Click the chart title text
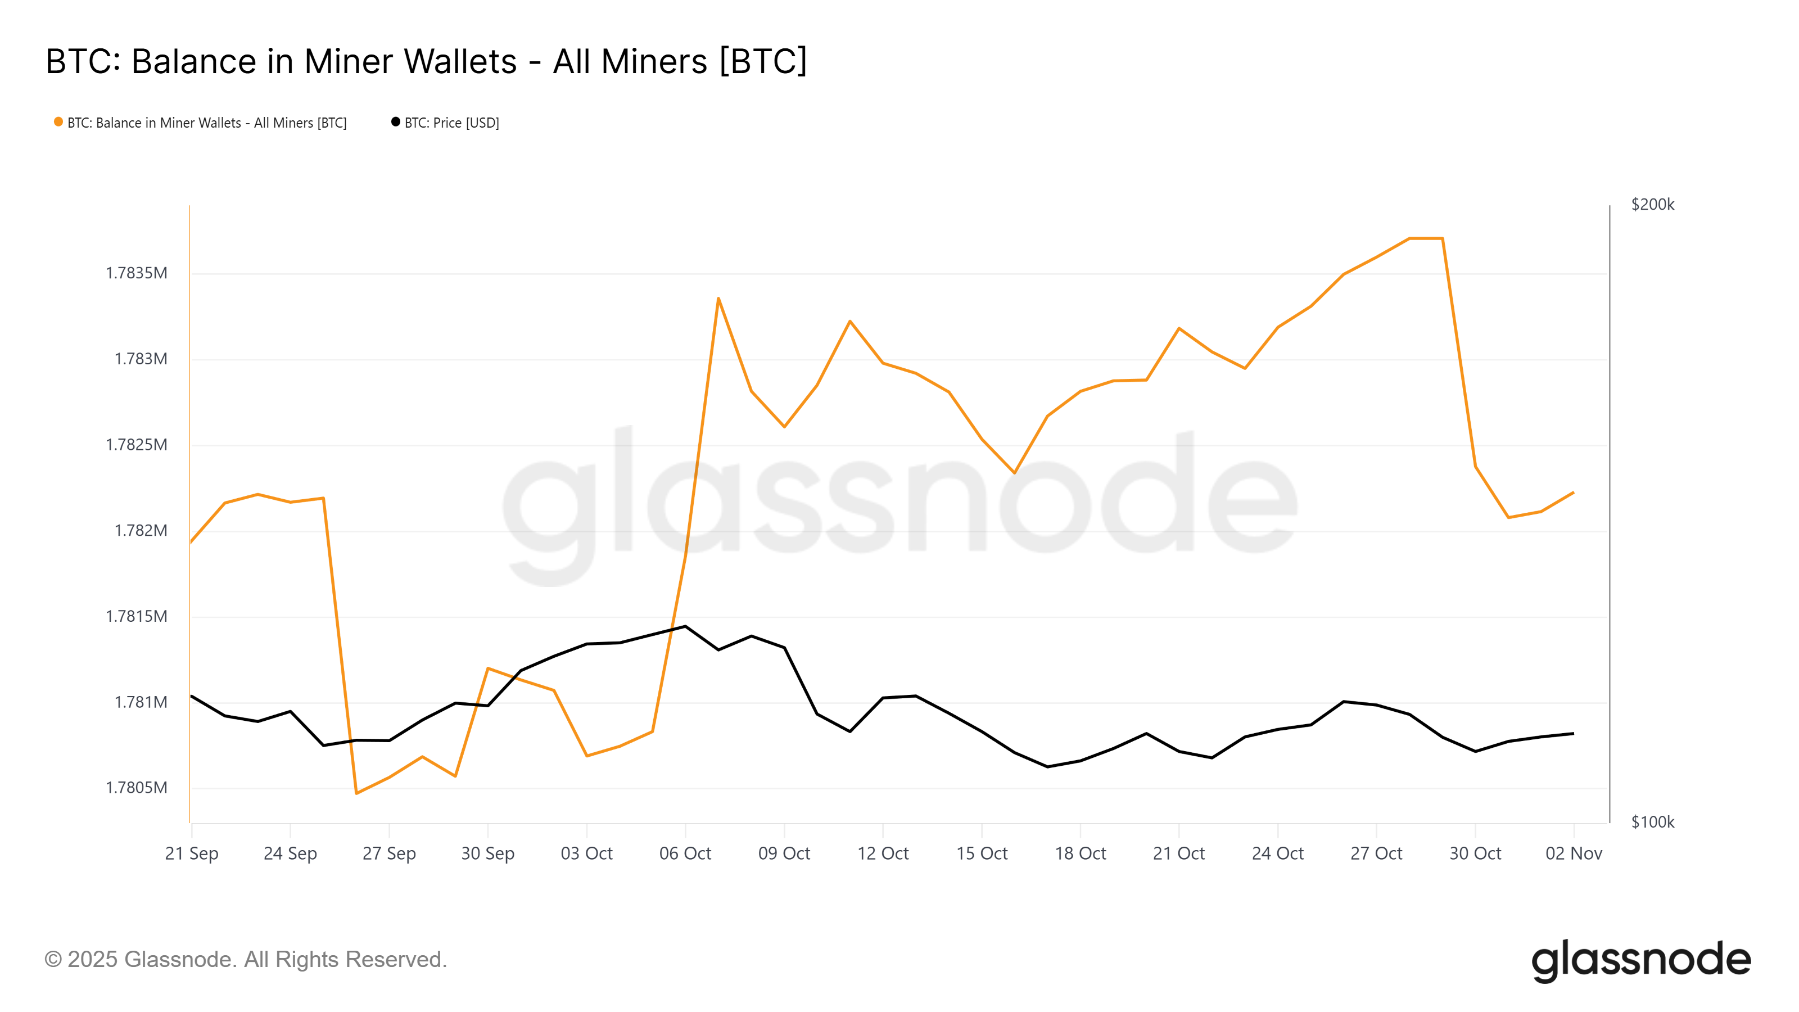tap(426, 61)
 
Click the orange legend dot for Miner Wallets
tap(58, 122)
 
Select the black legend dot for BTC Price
tap(395, 122)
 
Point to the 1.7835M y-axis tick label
tap(136, 273)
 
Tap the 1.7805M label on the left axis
tap(136, 788)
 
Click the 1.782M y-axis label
tap(141, 531)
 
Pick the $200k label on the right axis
tap(1652, 205)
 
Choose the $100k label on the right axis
tap(1652, 822)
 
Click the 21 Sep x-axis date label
tap(191, 853)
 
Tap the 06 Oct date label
tap(685, 853)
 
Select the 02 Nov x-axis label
tap(1574, 853)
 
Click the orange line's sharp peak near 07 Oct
tap(718, 299)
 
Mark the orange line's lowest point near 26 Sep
tap(356, 793)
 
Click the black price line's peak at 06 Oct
tap(685, 626)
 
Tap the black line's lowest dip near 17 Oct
tap(1047, 767)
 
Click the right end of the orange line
tap(1573, 493)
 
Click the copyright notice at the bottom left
tap(245, 960)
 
